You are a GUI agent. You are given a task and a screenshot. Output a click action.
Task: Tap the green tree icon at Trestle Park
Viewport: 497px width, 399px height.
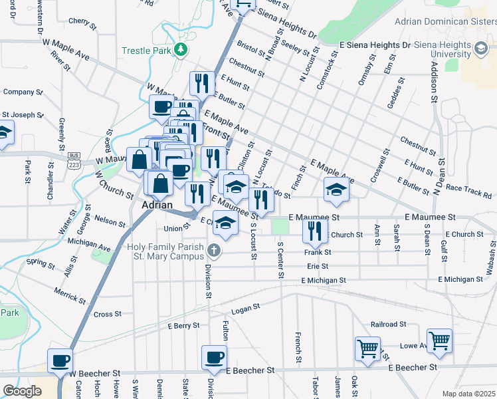[180, 51]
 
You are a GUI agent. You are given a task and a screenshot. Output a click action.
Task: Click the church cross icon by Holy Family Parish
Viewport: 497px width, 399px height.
[213, 251]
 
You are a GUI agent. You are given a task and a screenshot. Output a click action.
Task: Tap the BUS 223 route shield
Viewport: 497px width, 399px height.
[74, 160]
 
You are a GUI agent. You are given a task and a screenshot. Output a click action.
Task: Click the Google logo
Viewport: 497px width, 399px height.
[21, 391]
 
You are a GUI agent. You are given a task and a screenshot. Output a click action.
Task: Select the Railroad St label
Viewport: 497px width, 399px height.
[389, 324]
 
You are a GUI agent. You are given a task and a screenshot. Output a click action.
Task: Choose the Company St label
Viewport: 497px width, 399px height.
[23, 92]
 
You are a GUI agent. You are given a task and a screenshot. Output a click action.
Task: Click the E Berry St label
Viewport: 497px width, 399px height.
[184, 326]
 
